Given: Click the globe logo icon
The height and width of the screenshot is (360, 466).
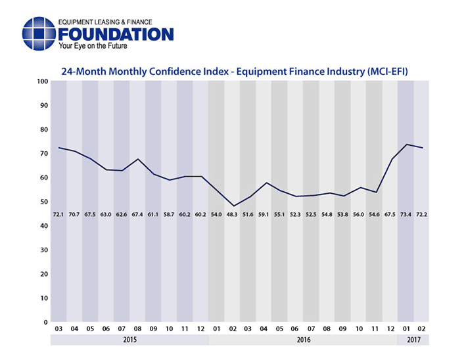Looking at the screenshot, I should coord(39,33).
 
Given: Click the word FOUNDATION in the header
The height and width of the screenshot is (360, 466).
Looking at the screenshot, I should coord(116,34).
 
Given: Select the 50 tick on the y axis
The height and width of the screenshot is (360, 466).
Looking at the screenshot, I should coord(43,202).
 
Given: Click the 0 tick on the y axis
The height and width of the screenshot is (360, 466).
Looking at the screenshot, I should coord(45,323).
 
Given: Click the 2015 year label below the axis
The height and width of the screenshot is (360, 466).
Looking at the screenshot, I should coord(129,340).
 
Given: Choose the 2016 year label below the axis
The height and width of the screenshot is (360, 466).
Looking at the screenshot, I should coord(302,340).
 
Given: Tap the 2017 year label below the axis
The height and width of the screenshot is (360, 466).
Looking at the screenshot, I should coord(413,340).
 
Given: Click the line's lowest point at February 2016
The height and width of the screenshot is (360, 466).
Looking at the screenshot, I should coord(232,206).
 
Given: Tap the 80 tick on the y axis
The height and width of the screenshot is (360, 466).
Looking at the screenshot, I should coord(43,129).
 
